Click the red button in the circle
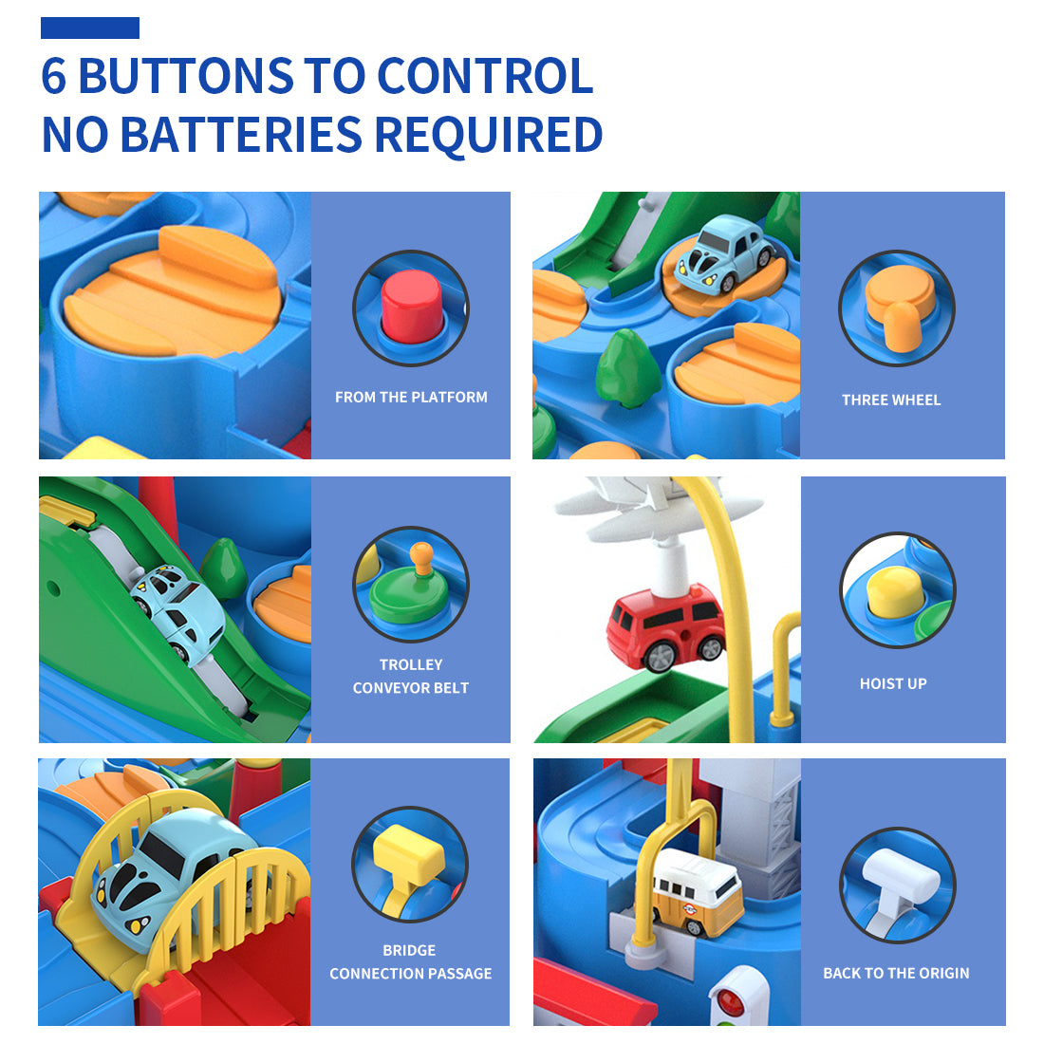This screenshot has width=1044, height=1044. tap(411, 306)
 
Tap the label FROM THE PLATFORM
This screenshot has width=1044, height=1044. tap(411, 398)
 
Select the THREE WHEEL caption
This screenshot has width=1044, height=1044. tap(891, 401)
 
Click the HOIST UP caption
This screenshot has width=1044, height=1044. tap(893, 683)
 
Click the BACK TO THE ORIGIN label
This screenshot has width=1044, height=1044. tap(896, 973)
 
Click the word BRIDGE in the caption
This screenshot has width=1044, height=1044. tap(409, 950)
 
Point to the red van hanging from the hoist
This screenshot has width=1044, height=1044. tap(666, 627)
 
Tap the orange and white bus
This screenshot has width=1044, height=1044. tap(695, 892)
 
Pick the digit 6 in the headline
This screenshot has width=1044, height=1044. tap(54, 75)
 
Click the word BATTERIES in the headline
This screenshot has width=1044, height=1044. tap(241, 135)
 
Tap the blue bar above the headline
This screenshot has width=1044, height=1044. tap(90, 28)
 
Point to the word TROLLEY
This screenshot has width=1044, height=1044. tap(411, 664)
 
